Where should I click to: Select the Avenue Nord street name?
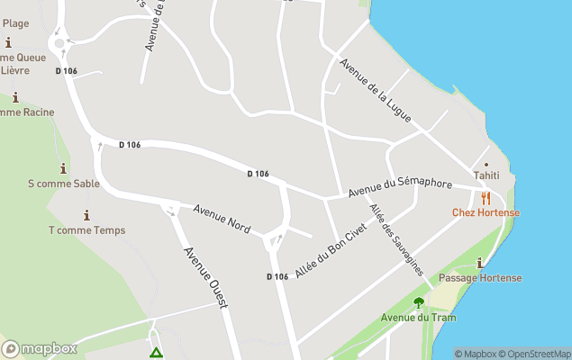[222, 218]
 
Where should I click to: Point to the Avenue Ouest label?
[206, 277]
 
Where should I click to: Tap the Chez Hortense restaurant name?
[486, 212]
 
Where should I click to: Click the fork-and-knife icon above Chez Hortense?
[486, 198]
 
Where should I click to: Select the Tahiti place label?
[486, 175]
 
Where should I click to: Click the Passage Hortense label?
[480, 278]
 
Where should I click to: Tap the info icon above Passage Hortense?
[480, 264]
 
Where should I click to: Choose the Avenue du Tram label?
[418, 318]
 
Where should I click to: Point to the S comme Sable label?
[63, 184]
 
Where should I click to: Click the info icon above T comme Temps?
[86, 216]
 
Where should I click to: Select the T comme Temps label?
[86, 230]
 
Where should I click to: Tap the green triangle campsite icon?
[156, 354]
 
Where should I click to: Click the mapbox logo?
[40, 348]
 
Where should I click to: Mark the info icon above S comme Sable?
[63, 169]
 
